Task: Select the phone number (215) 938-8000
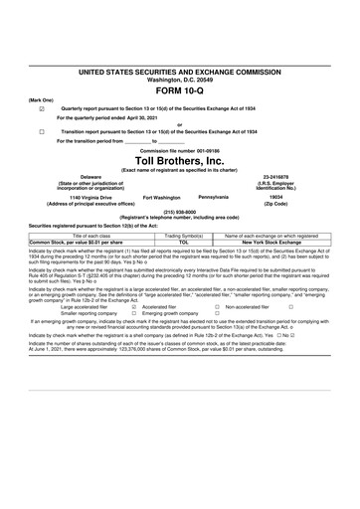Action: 179,212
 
